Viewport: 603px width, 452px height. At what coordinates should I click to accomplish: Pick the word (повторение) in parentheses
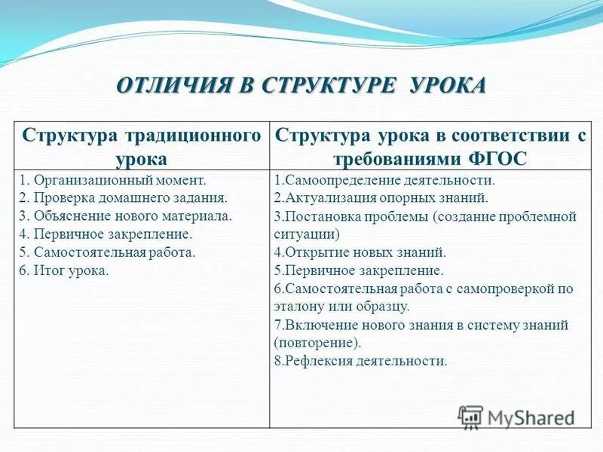[317, 343]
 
